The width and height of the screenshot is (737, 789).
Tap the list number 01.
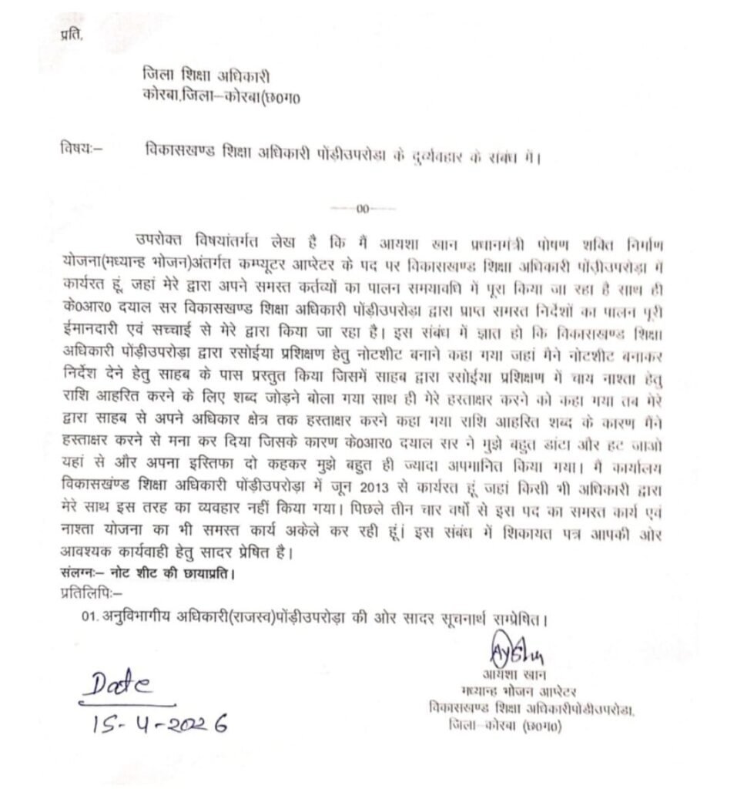click(90, 619)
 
